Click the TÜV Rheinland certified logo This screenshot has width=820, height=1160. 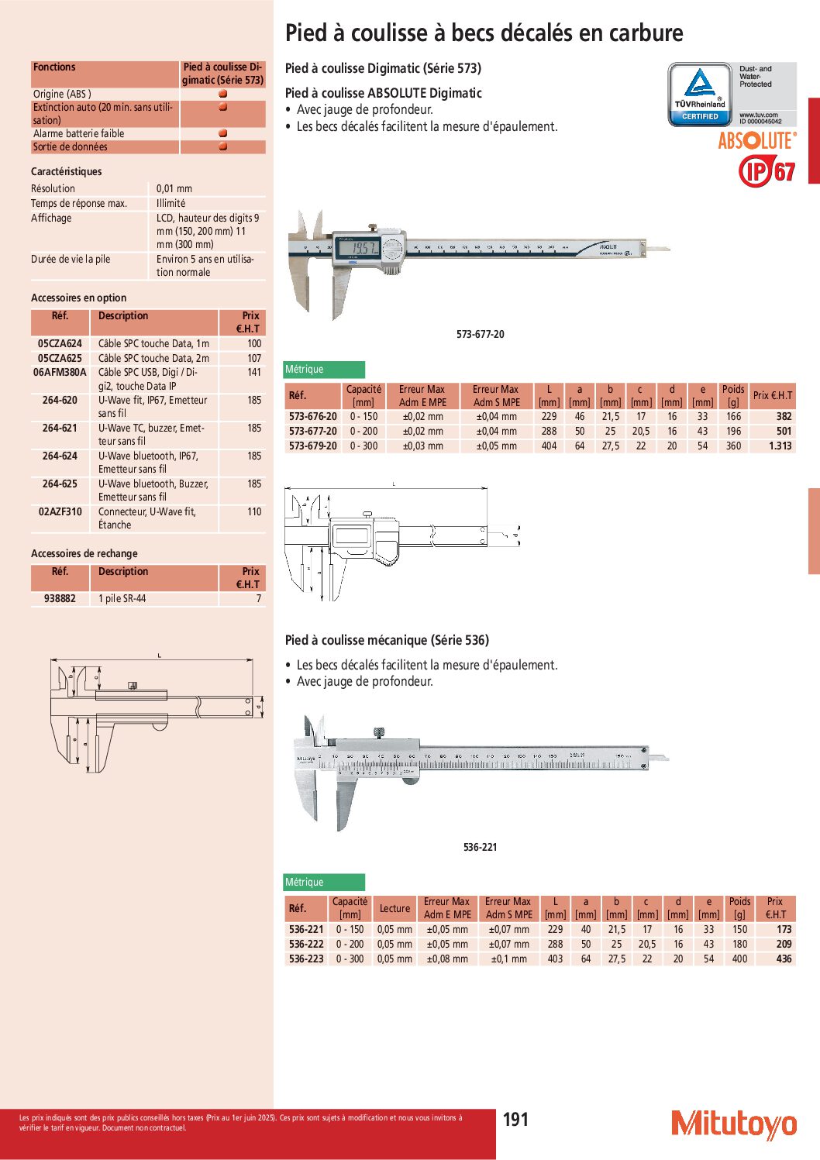700,95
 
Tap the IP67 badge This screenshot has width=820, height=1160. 767,170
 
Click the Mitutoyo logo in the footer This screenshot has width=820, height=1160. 733,1124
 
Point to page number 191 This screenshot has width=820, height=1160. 515,1119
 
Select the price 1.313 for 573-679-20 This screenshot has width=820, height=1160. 780,446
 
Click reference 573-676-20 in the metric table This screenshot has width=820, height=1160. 313,416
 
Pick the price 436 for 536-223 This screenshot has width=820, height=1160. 784,959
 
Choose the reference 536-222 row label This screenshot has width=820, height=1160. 306,944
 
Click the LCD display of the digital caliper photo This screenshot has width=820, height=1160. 362,249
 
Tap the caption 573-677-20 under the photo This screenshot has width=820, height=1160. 480,334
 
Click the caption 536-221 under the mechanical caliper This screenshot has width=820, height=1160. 480,847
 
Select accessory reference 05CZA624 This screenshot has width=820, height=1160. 60,343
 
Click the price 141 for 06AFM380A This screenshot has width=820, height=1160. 254,372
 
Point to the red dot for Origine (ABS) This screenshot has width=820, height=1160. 223,94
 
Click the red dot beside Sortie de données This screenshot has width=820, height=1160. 223,146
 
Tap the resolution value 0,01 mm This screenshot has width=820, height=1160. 174,188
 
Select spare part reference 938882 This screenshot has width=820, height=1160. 60,598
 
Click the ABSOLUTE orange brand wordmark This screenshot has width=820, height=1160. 756,140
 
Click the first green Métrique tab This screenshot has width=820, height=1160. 324,370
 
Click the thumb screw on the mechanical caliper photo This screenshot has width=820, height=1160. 378,733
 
